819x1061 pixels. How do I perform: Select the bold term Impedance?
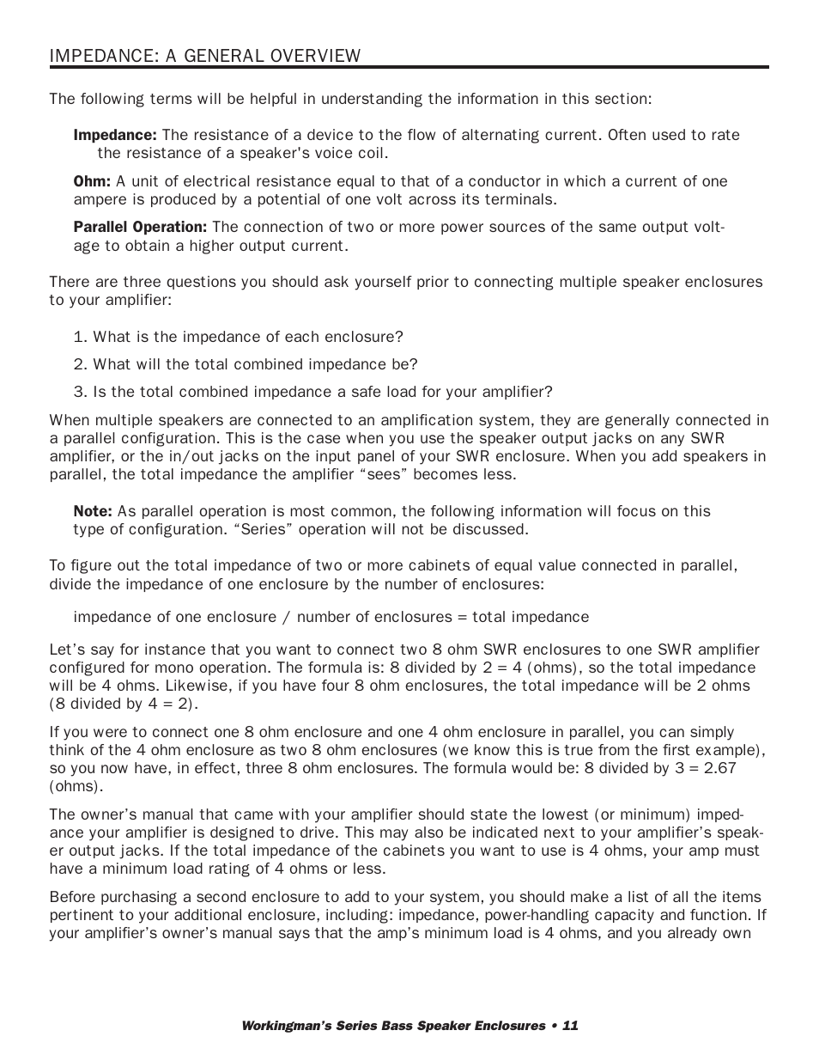pyautogui.click(x=115, y=135)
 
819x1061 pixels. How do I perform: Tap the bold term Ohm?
pyautogui.click(x=92, y=181)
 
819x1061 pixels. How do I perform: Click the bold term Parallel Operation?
pyautogui.click(x=140, y=227)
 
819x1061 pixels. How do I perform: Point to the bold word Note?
pyautogui.click(x=93, y=511)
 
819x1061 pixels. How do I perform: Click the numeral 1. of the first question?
pyautogui.click(x=81, y=337)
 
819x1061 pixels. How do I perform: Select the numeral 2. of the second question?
pyautogui.click(x=81, y=364)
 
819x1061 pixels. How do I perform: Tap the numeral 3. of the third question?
pyautogui.click(x=81, y=392)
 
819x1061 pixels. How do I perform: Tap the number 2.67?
pyautogui.click(x=719, y=768)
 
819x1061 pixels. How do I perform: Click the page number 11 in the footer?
pyautogui.click(x=571, y=1026)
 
